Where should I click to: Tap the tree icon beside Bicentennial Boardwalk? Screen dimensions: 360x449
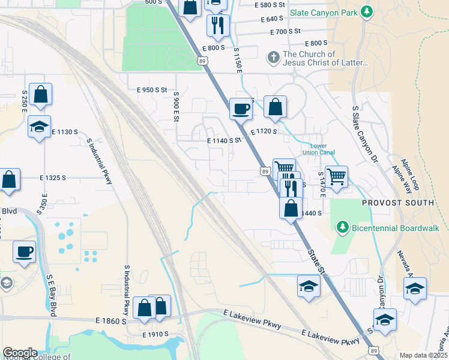[342, 227]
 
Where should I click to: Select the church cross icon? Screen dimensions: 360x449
[273, 58]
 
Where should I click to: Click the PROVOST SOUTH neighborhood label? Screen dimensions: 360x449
[397, 203]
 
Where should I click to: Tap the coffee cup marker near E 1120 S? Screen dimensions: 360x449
[241, 109]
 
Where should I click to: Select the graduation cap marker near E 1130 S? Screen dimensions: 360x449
[39, 127]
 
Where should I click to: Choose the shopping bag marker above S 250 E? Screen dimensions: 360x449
[40, 94]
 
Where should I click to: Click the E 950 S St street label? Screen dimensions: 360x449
[151, 90]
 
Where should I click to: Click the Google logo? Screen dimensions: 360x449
[20, 352]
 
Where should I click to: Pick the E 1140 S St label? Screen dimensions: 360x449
[223, 140]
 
